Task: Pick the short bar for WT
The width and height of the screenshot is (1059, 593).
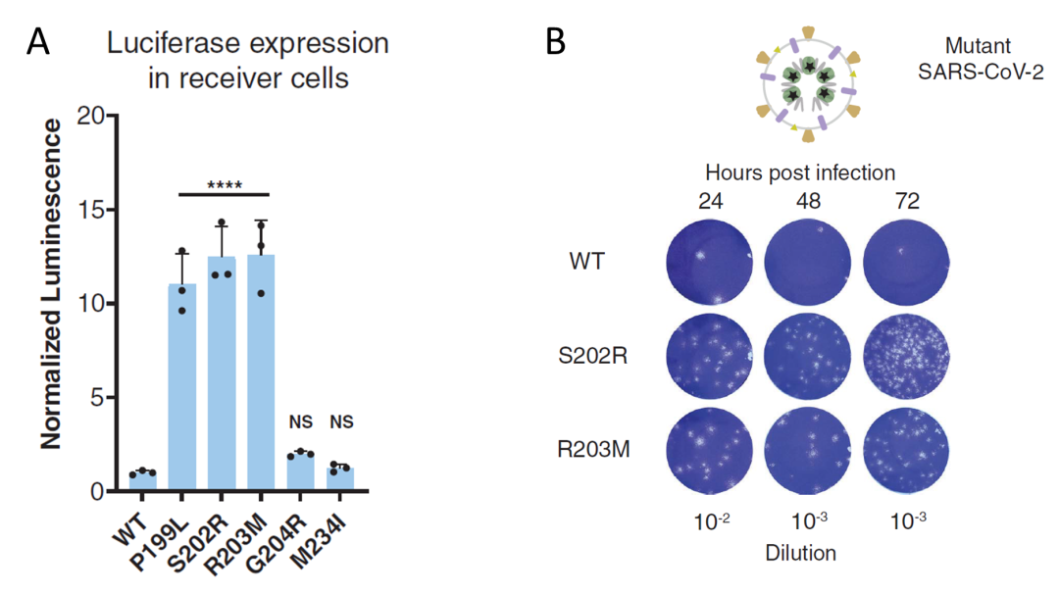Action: [x=143, y=480]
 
